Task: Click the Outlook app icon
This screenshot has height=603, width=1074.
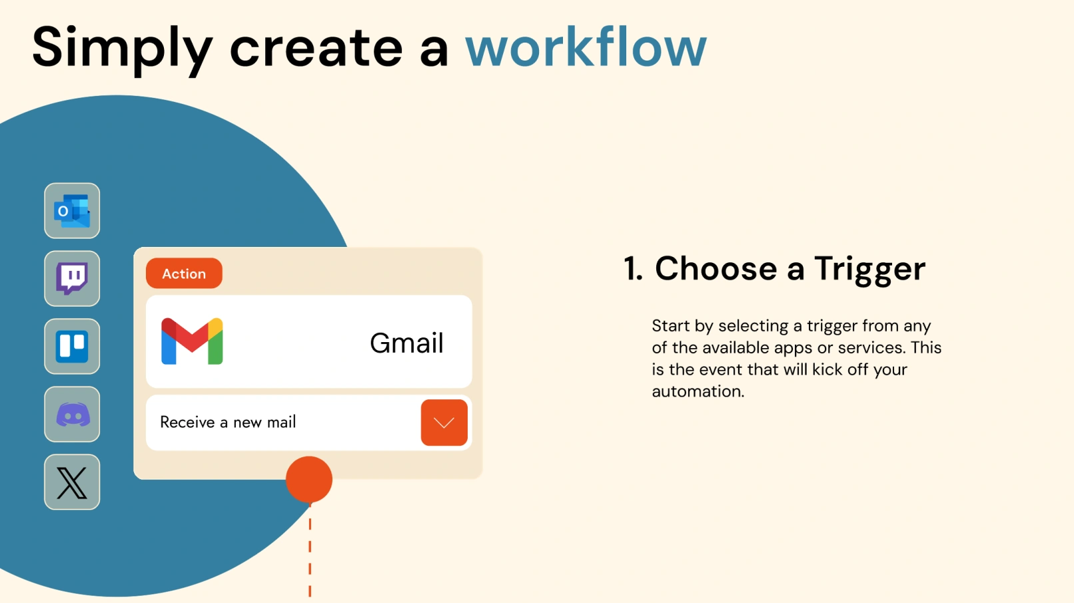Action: pyautogui.click(x=72, y=211)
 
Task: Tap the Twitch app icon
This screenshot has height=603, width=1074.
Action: pyautogui.click(x=72, y=278)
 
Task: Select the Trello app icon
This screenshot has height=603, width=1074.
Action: pyautogui.click(x=72, y=346)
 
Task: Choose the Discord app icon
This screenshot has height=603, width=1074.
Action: pyautogui.click(x=72, y=414)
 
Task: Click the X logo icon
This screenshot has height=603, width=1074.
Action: pyautogui.click(x=72, y=483)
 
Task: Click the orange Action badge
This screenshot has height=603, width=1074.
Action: pyautogui.click(x=184, y=274)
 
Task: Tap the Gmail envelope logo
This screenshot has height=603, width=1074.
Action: pyautogui.click(x=192, y=341)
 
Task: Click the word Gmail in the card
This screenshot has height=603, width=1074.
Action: pyautogui.click(x=406, y=343)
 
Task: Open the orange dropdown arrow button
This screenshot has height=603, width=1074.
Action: pyautogui.click(x=444, y=423)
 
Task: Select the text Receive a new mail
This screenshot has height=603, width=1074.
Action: pyautogui.click(x=228, y=422)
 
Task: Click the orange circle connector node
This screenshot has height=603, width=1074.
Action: pyautogui.click(x=308, y=479)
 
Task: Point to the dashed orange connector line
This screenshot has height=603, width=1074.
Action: pyautogui.click(x=310, y=551)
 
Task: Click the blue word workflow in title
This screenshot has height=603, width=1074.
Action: pyautogui.click(x=586, y=48)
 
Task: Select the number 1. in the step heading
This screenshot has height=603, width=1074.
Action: pyautogui.click(x=633, y=268)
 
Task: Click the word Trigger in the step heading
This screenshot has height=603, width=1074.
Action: pyautogui.click(x=869, y=270)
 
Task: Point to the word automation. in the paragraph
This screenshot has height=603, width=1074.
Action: pyautogui.click(x=698, y=391)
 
